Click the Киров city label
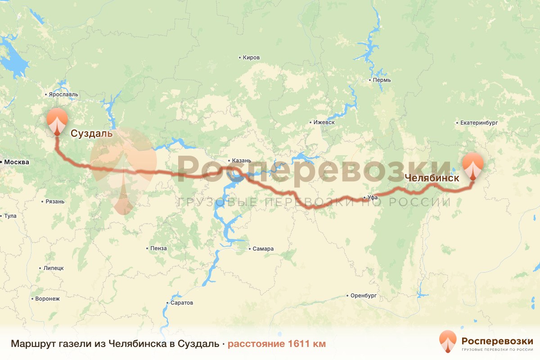(251, 58)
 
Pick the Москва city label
(17, 162)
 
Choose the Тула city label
(10, 216)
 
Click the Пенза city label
(159, 248)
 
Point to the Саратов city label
(181, 303)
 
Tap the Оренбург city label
(363, 296)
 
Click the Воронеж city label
(47, 299)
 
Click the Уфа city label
(372, 198)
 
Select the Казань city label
(242, 161)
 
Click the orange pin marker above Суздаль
(57, 120)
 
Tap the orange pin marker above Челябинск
(473, 165)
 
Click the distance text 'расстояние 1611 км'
(276, 344)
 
